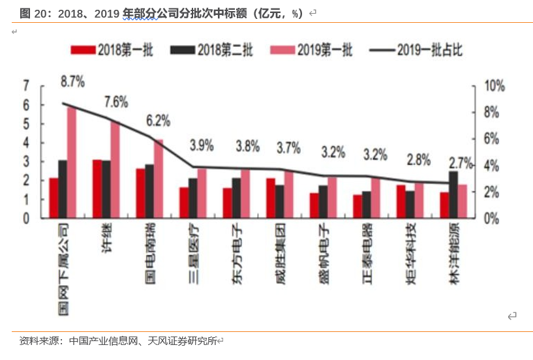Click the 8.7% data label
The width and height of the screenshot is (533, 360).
point(72,82)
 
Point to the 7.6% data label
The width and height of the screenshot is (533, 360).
point(115,102)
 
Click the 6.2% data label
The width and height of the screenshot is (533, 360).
point(158,120)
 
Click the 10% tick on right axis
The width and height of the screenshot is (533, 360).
point(493,86)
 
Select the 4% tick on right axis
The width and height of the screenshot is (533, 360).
point(491,166)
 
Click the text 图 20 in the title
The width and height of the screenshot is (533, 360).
point(34,13)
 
